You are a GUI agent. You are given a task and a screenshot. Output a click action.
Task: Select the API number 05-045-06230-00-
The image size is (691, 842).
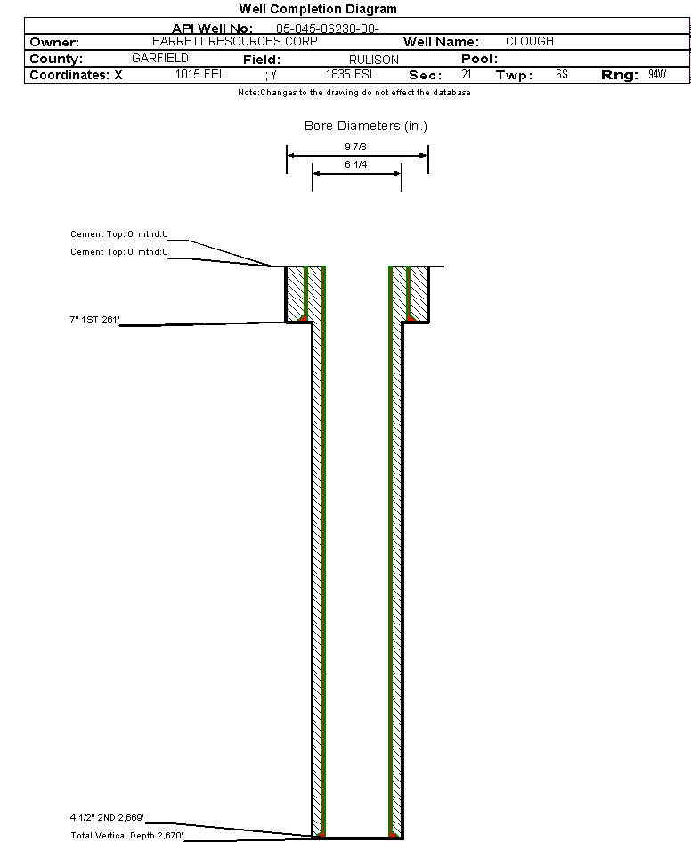[x=327, y=29]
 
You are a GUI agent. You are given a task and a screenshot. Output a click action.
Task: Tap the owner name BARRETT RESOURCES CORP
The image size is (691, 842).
[x=235, y=42]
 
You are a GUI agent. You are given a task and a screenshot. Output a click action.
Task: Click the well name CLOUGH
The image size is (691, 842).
[x=529, y=42]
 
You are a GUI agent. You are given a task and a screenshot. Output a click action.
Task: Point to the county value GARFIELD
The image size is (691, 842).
[x=159, y=58]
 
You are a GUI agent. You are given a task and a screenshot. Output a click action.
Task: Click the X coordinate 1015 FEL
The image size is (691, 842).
[x=200, y=75]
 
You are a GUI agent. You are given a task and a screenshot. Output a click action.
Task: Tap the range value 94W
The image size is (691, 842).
[x=657, y=75]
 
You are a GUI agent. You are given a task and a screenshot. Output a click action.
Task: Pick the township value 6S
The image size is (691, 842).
[x=561, y=75]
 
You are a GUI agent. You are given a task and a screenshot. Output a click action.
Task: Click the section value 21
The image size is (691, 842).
[x=466, y=75]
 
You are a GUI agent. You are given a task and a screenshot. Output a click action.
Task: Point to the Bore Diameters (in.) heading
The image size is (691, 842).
[x=366, y=126]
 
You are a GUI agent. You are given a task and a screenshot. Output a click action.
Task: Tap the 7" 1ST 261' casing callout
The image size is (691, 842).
[x=95, y=317]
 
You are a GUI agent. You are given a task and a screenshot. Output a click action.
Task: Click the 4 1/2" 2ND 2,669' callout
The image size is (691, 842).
[x=107, y=817]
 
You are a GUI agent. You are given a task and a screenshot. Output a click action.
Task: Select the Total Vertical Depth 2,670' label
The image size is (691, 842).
[x=126, y=835]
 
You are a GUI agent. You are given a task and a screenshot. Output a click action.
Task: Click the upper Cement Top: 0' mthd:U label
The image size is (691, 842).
[x=119, y=234]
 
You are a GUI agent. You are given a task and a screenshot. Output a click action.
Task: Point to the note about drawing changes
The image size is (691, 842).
[x=354, y=93]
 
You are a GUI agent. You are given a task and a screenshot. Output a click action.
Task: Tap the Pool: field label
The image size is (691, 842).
[x=478, y=59]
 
